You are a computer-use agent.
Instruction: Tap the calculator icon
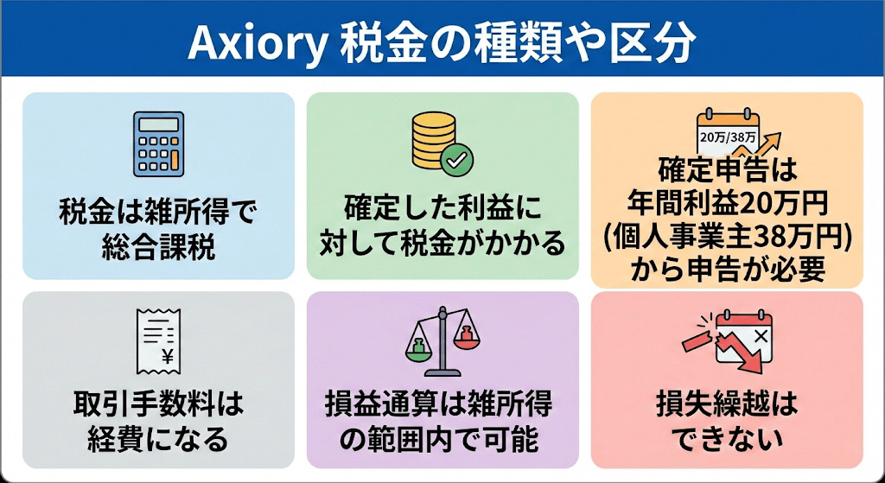point(157,143)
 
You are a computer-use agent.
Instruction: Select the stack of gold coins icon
point(434,140)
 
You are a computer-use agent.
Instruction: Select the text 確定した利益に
point(442,211)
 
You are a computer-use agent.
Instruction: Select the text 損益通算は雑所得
point(442,404)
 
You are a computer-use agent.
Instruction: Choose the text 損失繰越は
point(726,404)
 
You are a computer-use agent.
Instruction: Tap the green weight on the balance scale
point(416,349)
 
